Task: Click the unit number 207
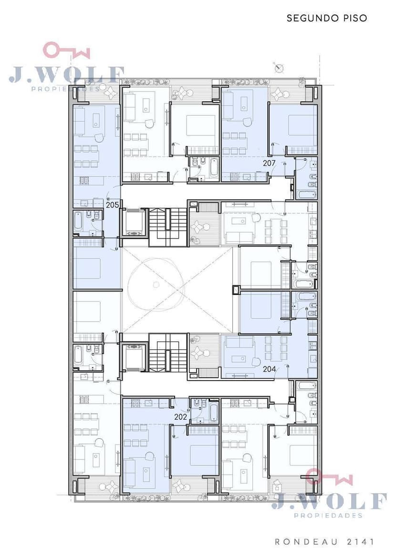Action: coord(269,163)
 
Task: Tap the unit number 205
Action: coord(112,205)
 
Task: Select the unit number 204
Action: coord(269,369)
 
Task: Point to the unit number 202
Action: coord(181,417)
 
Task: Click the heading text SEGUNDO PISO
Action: coord(327,18)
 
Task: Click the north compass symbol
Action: coord(279,68)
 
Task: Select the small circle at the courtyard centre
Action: coord(156,284)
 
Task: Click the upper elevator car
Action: coord(134,223)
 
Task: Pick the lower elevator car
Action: coord(134,357)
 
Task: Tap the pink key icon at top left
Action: coord(66,51)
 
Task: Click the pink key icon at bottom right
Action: coord(329,476)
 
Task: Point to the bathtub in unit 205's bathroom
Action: coord(78,221)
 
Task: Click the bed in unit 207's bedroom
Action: coord(302,125)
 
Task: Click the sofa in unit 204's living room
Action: coord(239,344)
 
